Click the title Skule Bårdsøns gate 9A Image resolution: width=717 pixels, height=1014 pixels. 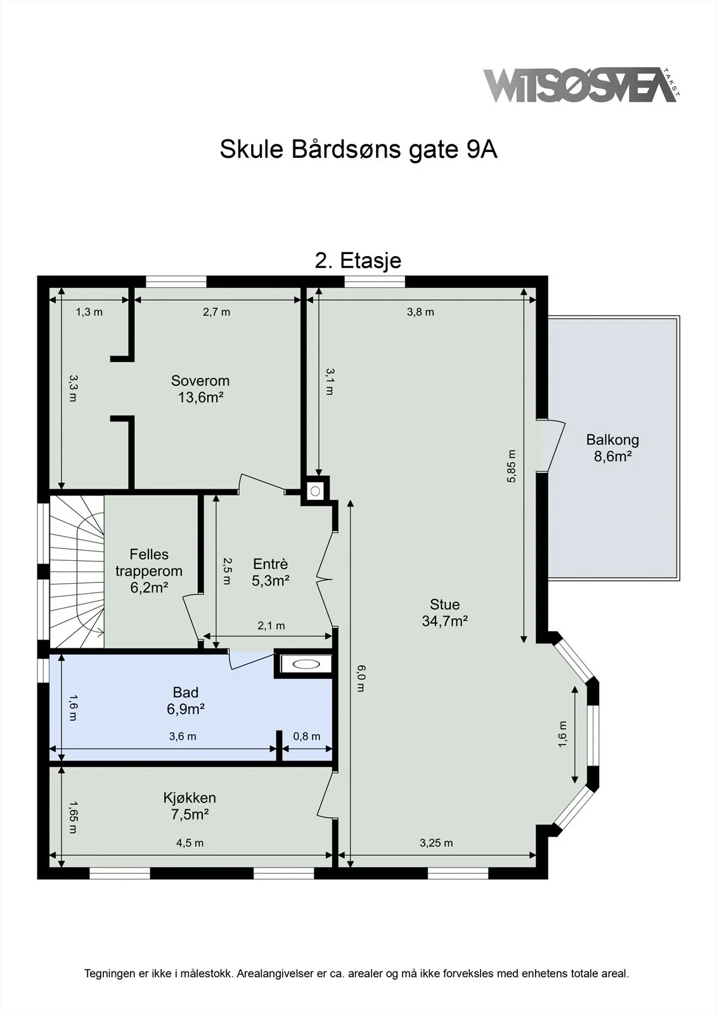(358, 149)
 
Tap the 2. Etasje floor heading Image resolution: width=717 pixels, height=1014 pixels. (358, 260)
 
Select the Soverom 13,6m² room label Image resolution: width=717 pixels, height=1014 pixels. (200, 389)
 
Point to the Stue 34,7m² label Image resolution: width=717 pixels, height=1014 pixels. (444, 612)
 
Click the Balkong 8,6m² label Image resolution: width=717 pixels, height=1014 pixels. (612, 447)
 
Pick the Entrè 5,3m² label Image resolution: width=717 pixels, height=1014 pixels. (271, 572)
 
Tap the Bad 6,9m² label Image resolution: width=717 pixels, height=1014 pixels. (185, 700)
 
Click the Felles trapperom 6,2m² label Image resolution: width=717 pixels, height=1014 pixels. (148, 571)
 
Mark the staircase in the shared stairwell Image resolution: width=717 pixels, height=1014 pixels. (77, 572)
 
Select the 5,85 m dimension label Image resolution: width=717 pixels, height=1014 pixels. (512, 466)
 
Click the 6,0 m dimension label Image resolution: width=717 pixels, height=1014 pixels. (360, 678)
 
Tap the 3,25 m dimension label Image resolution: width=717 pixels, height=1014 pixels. (436, 843)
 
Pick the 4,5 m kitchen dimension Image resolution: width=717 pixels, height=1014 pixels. (190, 843)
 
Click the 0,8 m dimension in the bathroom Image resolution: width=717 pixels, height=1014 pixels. (307, 736)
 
